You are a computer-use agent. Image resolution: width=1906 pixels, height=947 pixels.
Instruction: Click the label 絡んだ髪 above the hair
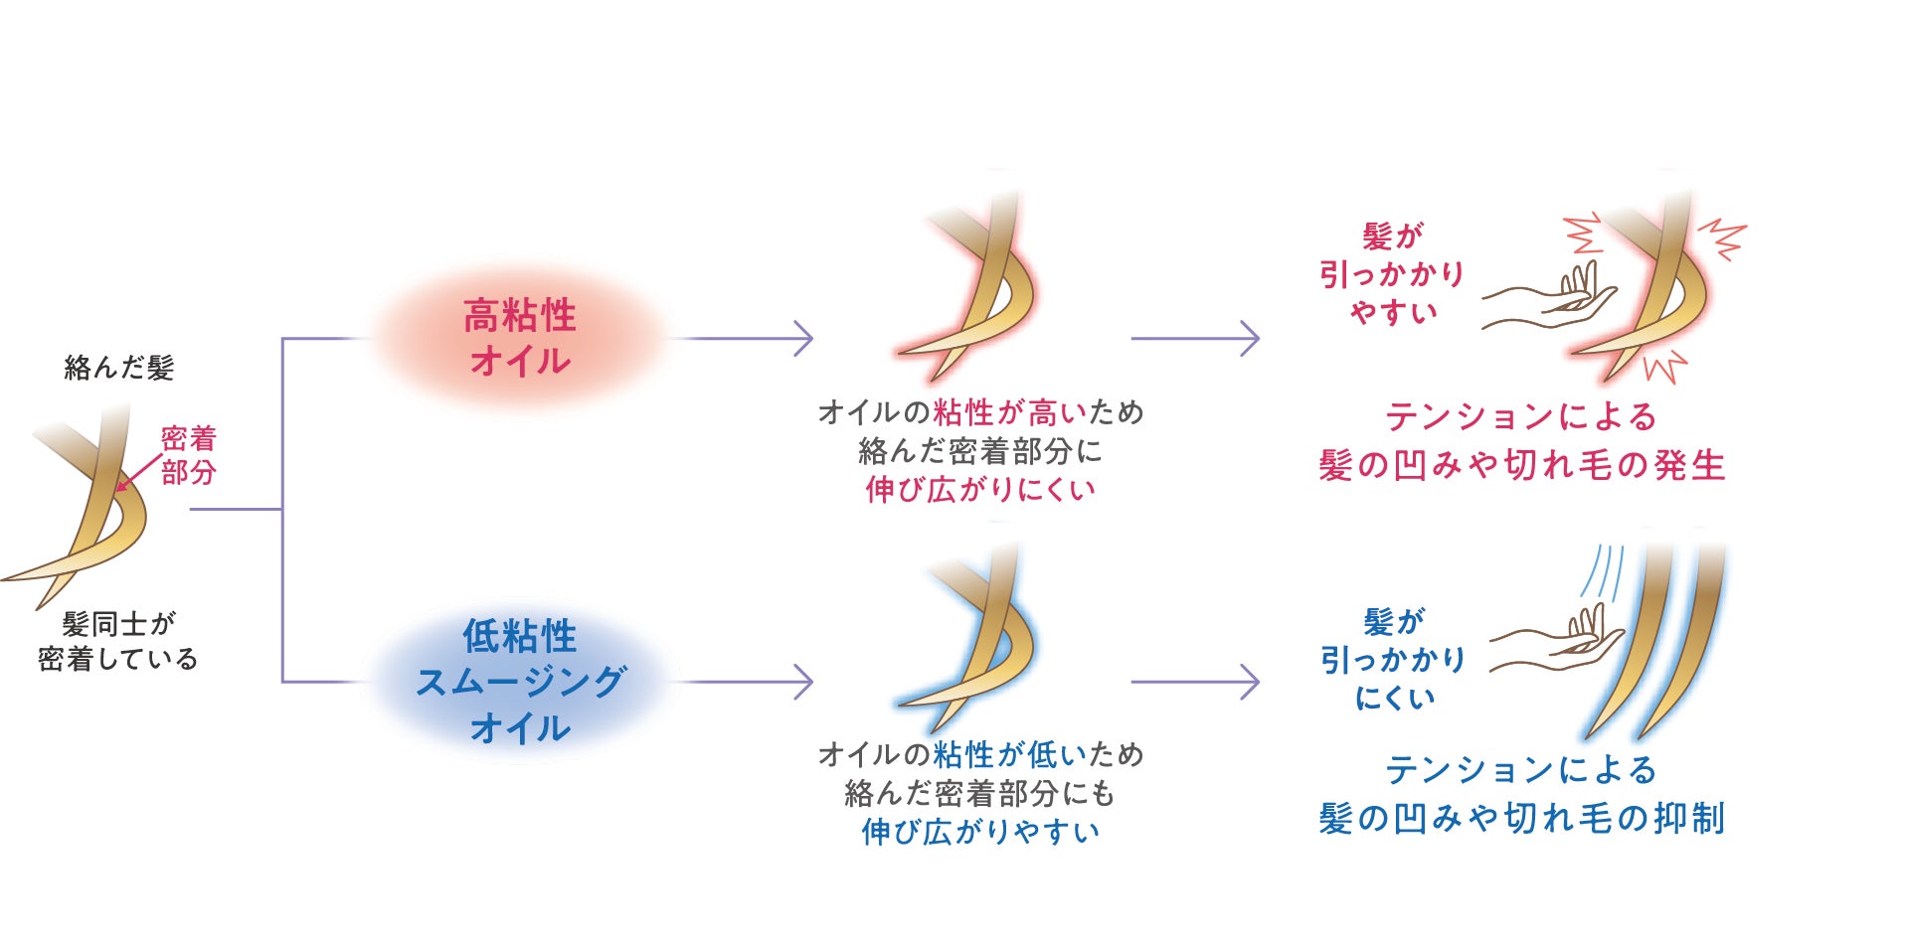coord(119,368)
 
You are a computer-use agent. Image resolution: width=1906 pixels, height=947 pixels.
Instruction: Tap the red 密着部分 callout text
coord(189,455)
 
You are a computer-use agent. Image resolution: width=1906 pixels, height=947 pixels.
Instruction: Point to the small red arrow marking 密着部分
coord(136,475)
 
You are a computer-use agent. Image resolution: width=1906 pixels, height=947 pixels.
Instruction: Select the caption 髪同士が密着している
coord(118,641)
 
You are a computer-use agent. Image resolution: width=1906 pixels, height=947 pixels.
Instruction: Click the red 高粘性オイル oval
coord(519,338)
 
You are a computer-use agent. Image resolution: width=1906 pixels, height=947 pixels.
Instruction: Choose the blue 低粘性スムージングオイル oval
coord(519,682)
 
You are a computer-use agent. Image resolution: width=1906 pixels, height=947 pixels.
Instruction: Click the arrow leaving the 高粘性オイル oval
coord(746,339)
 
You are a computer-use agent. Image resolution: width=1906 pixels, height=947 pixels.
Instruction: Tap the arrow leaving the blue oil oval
coord(746,682)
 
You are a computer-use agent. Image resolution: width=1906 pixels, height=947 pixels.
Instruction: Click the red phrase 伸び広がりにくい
coord(980,489)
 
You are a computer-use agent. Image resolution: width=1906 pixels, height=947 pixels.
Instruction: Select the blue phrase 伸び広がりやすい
coord(980,832)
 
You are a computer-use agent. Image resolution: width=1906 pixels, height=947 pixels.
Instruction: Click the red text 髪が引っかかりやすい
coord(1392,274)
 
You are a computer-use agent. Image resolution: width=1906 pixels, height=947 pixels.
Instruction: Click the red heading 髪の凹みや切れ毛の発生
coord(1521,465)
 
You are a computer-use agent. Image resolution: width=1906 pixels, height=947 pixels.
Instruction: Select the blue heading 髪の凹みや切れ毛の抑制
coord(1521,818)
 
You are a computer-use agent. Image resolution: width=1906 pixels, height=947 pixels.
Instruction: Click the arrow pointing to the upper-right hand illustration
coord(1196,339)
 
